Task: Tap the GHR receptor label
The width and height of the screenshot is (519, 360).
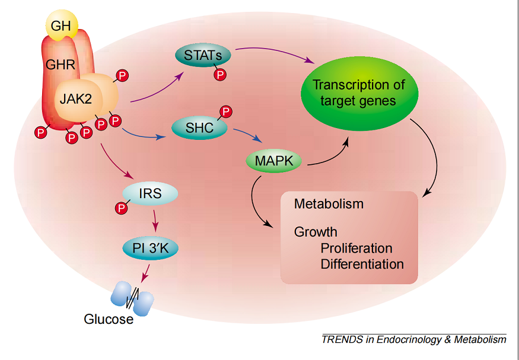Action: point(61,63)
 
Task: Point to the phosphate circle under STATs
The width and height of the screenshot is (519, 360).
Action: point(220,75)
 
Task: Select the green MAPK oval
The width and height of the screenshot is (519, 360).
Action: point(273,160)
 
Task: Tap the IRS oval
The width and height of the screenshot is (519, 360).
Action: point(151,193)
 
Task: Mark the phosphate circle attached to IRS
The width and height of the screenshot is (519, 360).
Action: point(122,208)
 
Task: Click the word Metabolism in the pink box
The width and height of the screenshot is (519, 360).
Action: point(329,204)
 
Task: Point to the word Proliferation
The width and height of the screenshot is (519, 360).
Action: point(356,248)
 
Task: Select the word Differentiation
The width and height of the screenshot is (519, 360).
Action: point(362,264)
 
